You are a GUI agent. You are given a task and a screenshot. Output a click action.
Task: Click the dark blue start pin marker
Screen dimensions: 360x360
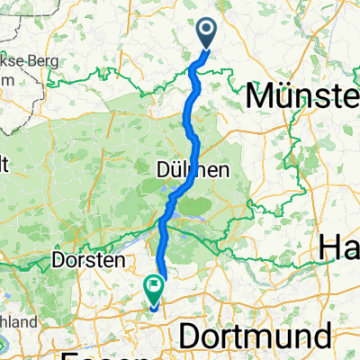coord(206,34)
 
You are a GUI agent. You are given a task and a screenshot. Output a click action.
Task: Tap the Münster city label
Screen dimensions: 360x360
coord(302,94)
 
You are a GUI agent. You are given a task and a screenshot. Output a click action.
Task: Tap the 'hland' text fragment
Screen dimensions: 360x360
coord(18,321)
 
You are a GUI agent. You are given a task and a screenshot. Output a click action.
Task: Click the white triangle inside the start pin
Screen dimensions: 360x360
coord(206,31)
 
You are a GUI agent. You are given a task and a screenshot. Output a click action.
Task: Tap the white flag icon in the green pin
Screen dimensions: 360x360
coord(153,287)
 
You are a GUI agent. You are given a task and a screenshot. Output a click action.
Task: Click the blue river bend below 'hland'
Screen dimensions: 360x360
coord(4,345)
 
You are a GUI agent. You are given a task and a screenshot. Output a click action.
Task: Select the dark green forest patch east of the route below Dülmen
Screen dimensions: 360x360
coord(211,207)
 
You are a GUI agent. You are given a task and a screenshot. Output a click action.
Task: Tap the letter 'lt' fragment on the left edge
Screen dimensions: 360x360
coord(4,164)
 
